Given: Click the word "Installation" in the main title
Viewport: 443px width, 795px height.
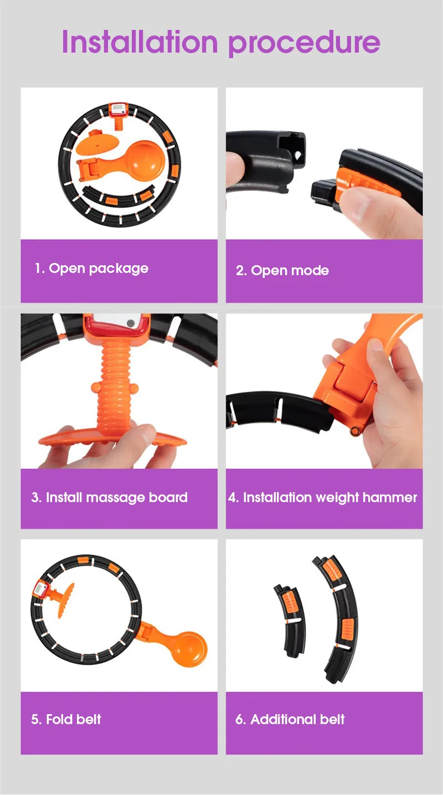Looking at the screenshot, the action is [140, 42].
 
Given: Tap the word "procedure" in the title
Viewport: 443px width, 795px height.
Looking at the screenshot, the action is [304, 44].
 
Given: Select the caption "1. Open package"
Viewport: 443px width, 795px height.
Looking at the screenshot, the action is [91, 269].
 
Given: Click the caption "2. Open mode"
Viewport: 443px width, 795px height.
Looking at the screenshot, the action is [282, 271].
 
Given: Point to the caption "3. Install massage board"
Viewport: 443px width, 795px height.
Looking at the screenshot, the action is [109, 498].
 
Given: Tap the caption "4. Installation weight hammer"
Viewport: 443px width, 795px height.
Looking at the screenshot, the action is [323, 498].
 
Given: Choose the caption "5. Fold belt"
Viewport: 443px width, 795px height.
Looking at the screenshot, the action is [66, 719].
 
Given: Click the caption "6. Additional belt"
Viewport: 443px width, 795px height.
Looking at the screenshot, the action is [290, 719].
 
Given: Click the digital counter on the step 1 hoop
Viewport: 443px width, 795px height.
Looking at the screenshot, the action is [119, 110].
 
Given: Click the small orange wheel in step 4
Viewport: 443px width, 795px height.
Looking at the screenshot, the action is [354, 431].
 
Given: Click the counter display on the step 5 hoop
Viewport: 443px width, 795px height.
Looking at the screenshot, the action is [40, 589].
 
